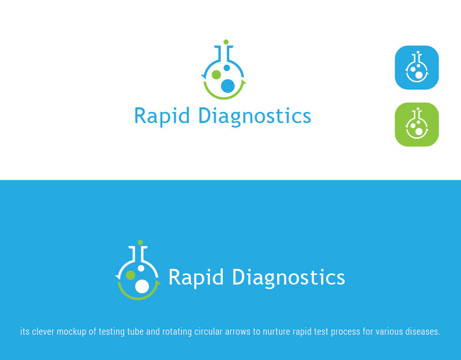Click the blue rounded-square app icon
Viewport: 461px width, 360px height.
416,67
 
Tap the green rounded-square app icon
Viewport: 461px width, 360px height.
416,125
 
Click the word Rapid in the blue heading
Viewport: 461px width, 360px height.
162,116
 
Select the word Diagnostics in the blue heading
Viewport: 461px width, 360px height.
254,116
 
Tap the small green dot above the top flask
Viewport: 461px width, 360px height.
226,42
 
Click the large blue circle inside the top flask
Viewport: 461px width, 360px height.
228,86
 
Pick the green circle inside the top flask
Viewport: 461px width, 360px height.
216,75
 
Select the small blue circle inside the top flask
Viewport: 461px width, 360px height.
227,68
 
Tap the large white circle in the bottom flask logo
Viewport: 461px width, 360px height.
142,286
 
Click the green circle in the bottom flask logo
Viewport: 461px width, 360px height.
131,275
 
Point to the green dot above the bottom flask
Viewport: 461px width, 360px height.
140,243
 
